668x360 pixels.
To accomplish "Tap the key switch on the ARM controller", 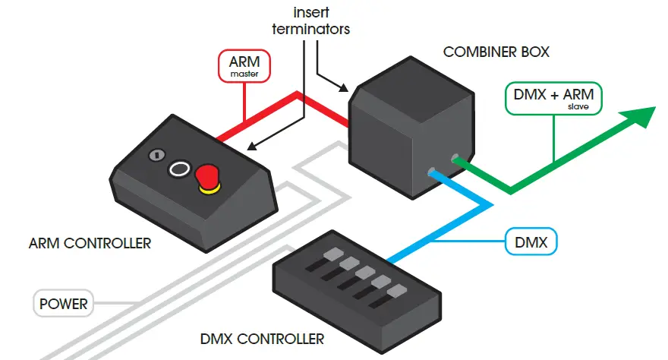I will click(x=157, y=155).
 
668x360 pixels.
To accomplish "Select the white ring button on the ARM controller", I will click(x=180, y=167).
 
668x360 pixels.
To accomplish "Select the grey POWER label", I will click(x=65, y=304).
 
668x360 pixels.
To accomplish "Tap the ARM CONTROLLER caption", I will click(x=90, y=244).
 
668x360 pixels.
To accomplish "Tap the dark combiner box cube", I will click(x=410, y=129).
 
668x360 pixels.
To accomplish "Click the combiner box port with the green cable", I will click(x=455, y=158).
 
